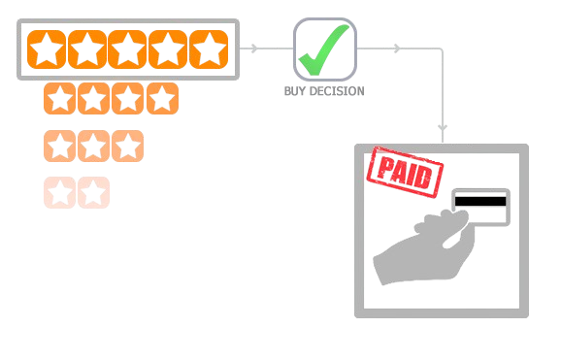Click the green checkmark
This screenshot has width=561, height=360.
(x=325, y=50)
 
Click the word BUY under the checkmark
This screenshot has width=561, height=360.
(x=295, y=91)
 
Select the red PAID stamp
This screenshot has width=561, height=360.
(x=404, y=171)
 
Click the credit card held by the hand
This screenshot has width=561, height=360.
(x=482, y=207)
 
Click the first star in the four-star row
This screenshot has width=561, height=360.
(x=61, y=98)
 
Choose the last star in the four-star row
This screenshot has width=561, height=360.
(x=162, y=98)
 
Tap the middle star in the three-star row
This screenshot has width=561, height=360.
(x=93, y=147)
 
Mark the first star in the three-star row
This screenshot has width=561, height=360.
(x=60, y=147)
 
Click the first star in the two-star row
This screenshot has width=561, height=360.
(x=60, y=192)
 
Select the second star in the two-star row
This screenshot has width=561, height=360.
(x=93, y=192)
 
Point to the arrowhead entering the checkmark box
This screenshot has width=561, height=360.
(x=255, y=48)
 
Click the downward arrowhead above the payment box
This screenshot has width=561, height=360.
(x=443, y=127)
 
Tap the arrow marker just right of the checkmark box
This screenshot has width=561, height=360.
(x=396, y=48)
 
